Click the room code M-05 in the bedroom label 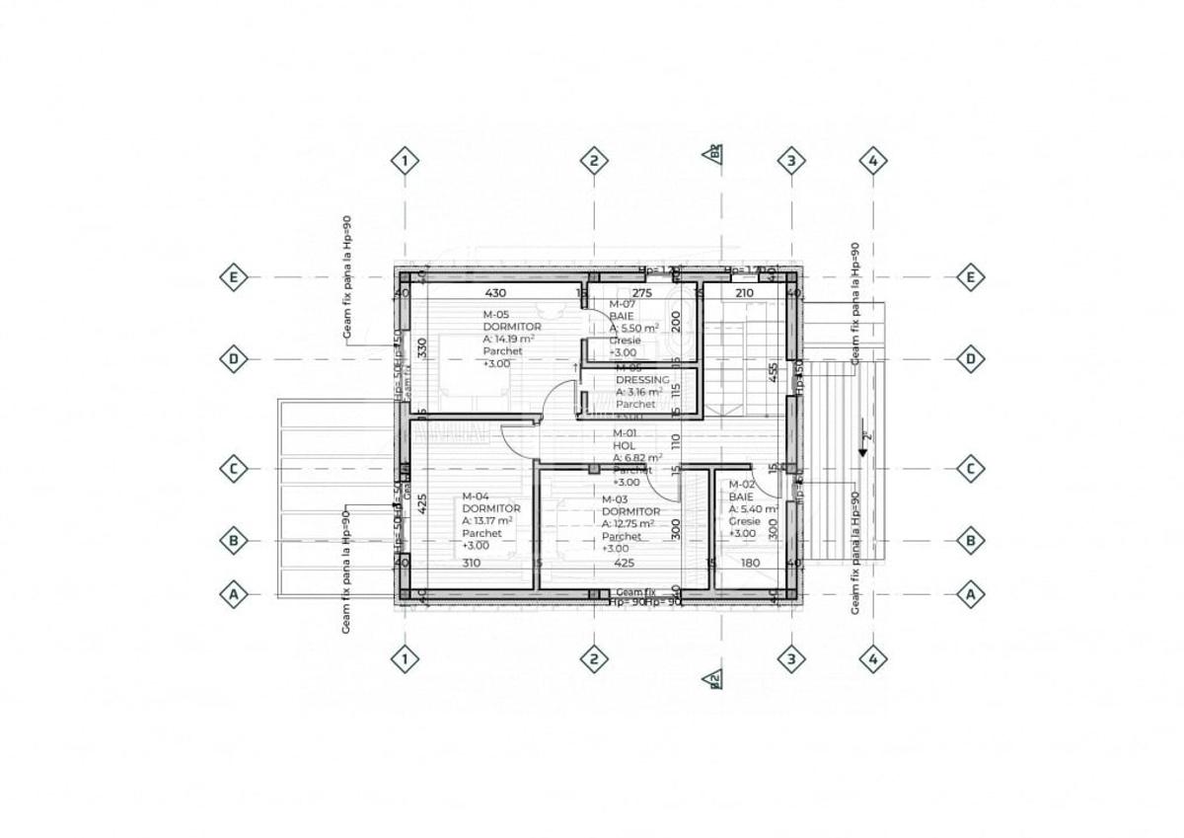coord(496,314)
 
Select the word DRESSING coord(642,379)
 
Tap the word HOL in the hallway coord(623,446)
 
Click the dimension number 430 coord(494,293)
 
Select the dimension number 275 coord(642,293)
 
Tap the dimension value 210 coord(744,293)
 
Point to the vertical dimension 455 coord(775,372)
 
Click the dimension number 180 coord(749,564)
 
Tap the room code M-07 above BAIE coord(622,304)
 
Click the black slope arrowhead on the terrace coord(862,451)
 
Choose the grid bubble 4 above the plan coord(872,160)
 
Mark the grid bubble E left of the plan coord(234,277)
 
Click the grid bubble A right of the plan coord(971,594)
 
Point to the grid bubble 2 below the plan coord(592,658)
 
